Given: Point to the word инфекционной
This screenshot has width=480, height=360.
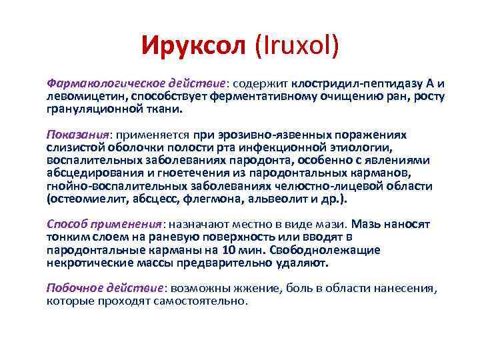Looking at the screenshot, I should pos(301,148).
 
